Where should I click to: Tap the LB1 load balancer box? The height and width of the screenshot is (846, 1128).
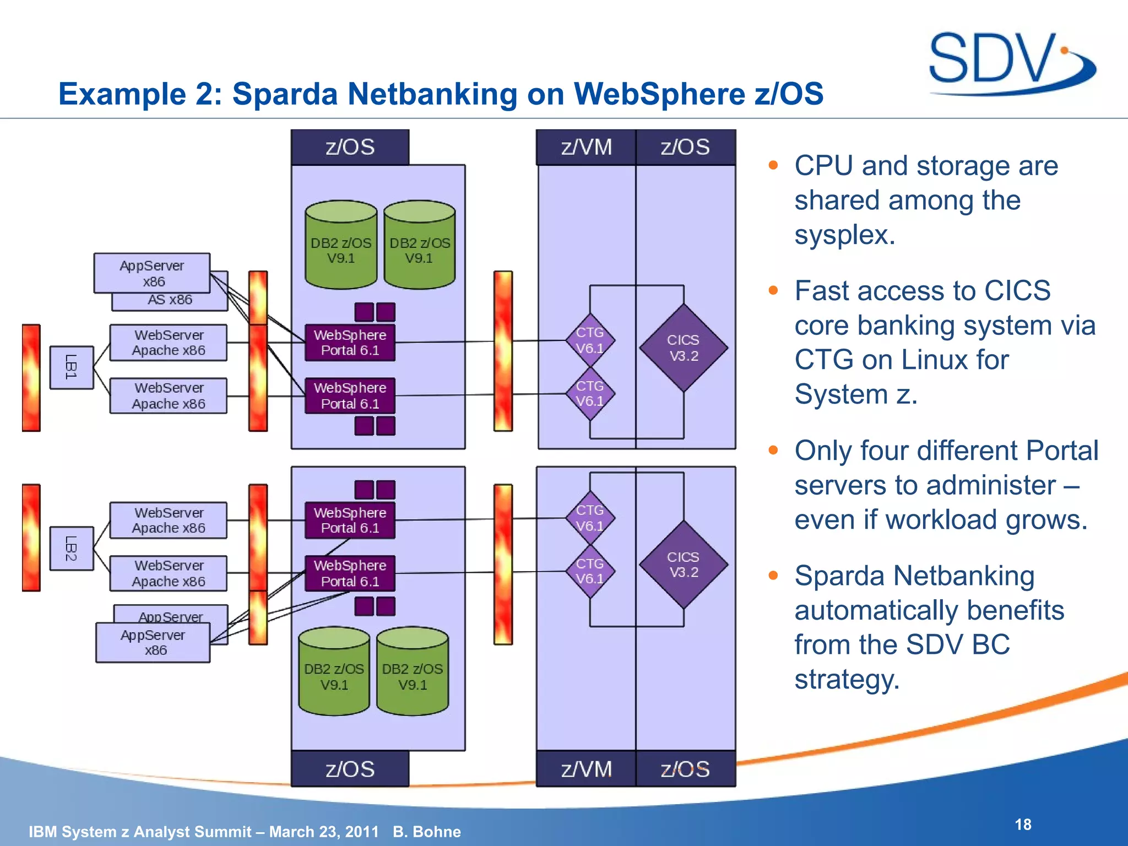pyautogui.click(x=71, y=367)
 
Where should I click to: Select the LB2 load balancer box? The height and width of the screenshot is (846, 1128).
pyautogui.click(x=71, y=549)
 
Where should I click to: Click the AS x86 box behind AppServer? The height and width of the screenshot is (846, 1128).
pyautogui.click(x=170, y=301)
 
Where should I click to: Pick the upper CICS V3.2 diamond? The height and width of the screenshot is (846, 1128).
pyautogui.click(x=684, y=348)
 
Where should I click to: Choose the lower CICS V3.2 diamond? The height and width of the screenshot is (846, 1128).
pyautogui.click(x=684, y=565)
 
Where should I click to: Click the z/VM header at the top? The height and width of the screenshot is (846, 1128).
pyautogui.click(x=586, y=147)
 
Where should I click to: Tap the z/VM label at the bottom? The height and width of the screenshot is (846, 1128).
pyautogui.click(x=586, y=769)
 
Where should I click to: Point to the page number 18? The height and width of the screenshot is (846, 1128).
pyautogui.click(x=1023, y=825)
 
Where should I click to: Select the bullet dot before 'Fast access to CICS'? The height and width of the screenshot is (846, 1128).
pyautogui.click(x=773, y=290)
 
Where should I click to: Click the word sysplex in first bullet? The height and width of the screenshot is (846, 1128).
pyautogui.click(x=844, y=235)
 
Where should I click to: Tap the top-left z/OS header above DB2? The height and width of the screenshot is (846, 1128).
pyautogui.click(x=350, y=147)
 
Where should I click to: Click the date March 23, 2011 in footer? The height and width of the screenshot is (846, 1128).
pyautogui.click(x=324, y=832)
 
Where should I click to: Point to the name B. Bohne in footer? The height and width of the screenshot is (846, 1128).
pyautogui.click(x=427, y=832)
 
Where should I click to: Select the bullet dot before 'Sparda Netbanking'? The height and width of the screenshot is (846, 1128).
pyautogui.click(x=773, y=576)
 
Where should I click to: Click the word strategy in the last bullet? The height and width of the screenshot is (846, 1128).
pyautogui.click(x=846, y=679)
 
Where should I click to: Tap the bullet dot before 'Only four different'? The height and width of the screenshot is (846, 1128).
pyautogui.click(x=773, y=451)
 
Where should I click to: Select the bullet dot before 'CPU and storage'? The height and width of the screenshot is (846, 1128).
pyautogui.click(x=773, y=165)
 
